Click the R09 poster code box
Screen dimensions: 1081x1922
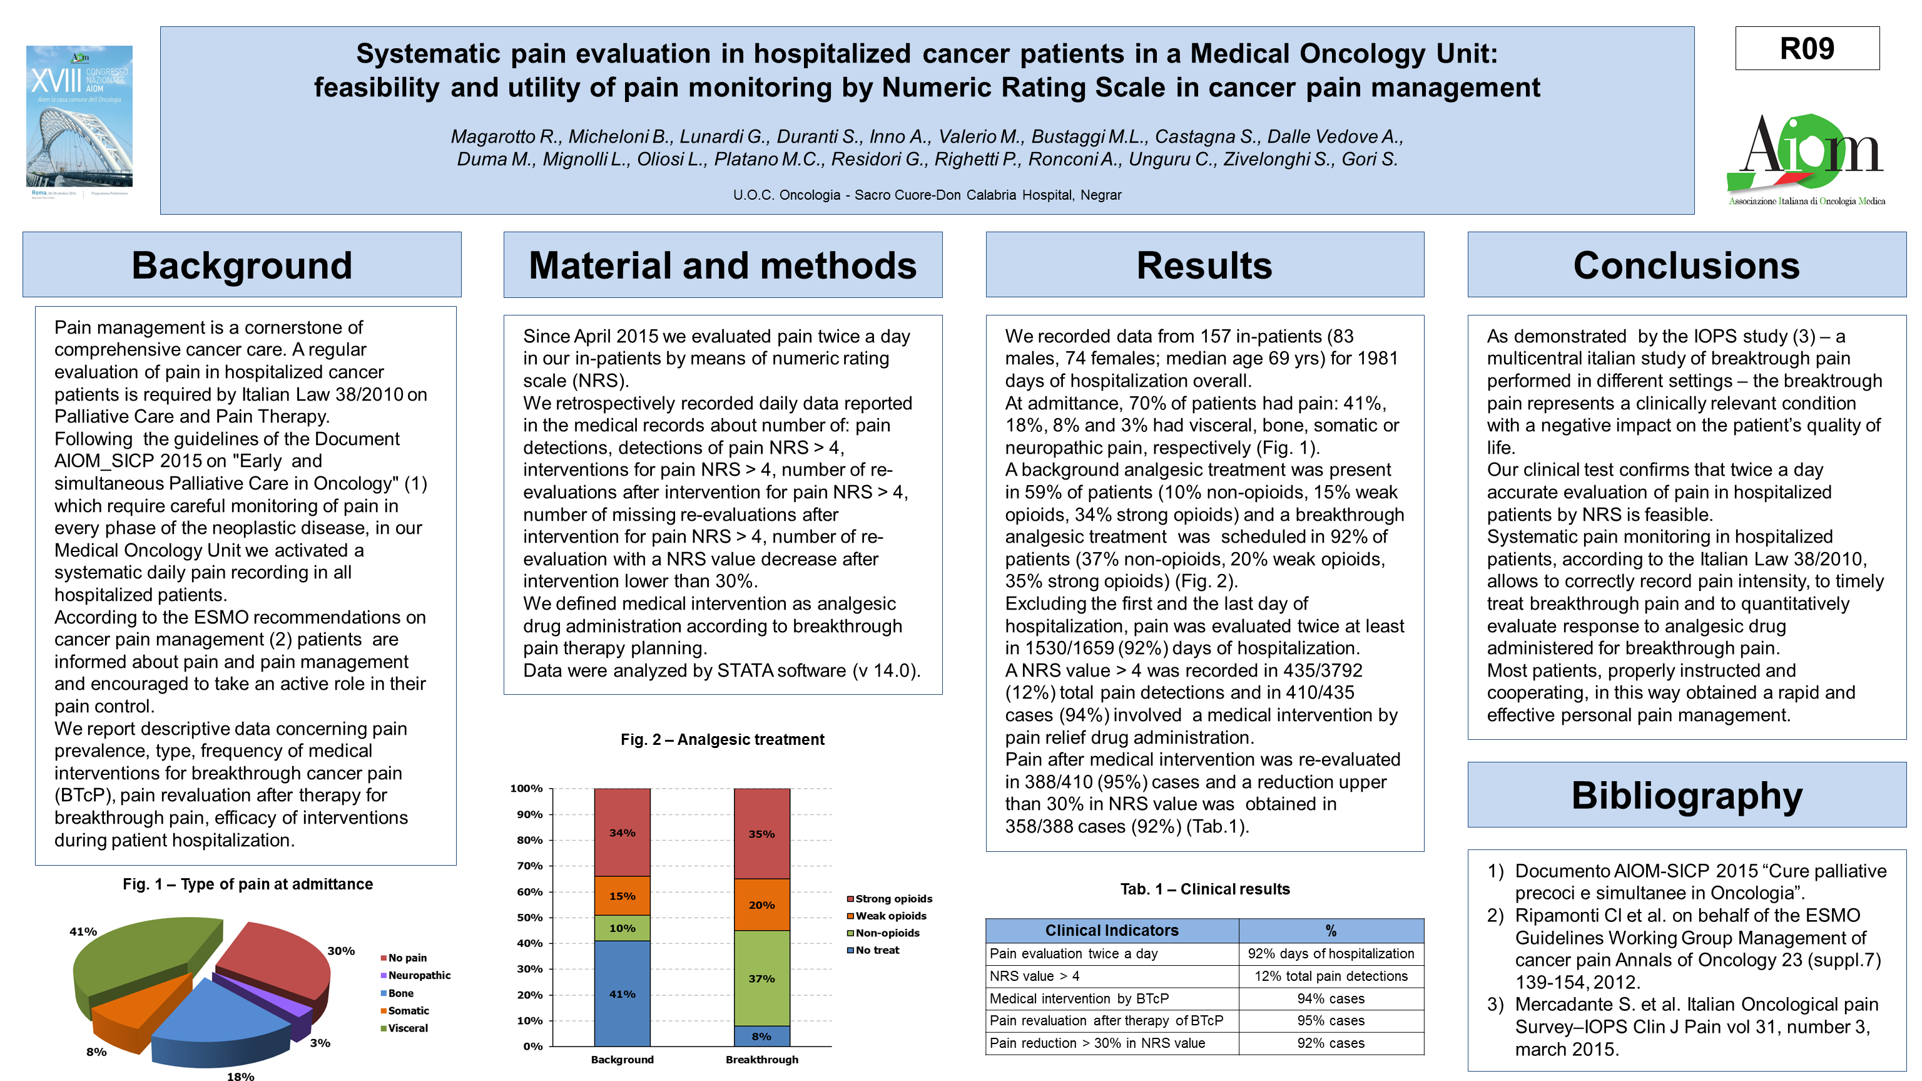tap(1806, 49)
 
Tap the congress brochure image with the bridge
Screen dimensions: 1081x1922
tap(79, 120)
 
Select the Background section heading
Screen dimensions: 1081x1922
tap(242, 265)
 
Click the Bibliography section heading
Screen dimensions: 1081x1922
tap(1686, 795)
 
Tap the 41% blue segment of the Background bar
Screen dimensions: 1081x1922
tap(623, 993)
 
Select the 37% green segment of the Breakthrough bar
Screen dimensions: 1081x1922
tap(762, 978)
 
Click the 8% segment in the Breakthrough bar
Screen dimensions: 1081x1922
tap(762, 1036)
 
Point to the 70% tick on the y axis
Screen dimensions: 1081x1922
tap(530, 866)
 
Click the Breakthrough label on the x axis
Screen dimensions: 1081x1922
tap(762, 1059)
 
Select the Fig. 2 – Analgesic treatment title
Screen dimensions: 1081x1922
tap(722, 739)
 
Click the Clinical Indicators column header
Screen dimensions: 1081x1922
tap(1112, 930)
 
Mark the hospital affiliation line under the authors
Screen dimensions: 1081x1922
tap(927, 195)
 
